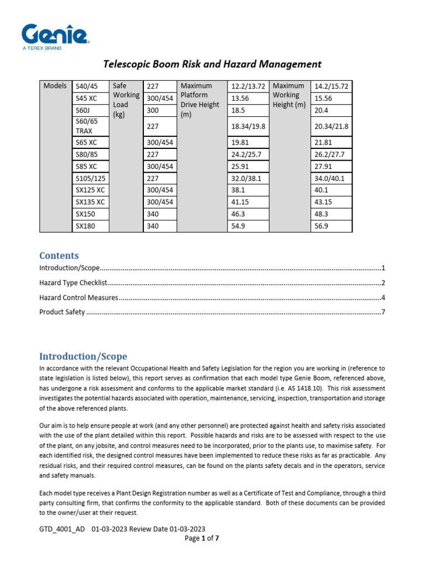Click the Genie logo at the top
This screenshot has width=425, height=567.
click(x=56, y=37)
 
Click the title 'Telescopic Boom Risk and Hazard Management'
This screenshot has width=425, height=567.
click(x=213, y=64)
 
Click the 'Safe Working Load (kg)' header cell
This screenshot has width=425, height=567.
click(x=126, y=100)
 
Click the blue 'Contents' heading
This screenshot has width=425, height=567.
click(x=59, y=256)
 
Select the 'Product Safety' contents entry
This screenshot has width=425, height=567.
click(x=62, y=312)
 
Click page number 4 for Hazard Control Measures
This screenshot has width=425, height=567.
click(x=382, y=298)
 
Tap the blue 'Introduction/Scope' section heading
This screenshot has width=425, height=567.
click(x=83, y=357)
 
